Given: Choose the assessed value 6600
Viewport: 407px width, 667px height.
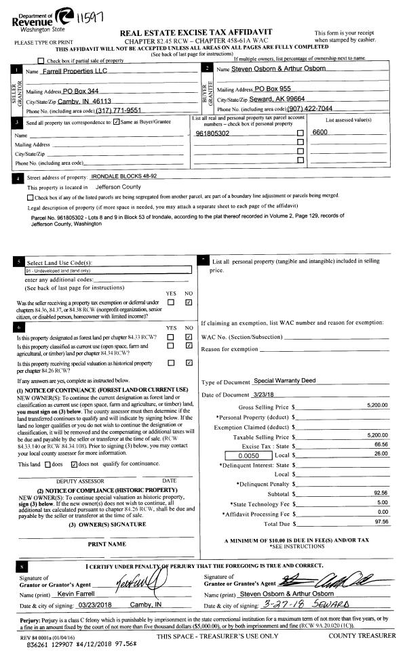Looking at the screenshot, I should (x=319, y=134).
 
